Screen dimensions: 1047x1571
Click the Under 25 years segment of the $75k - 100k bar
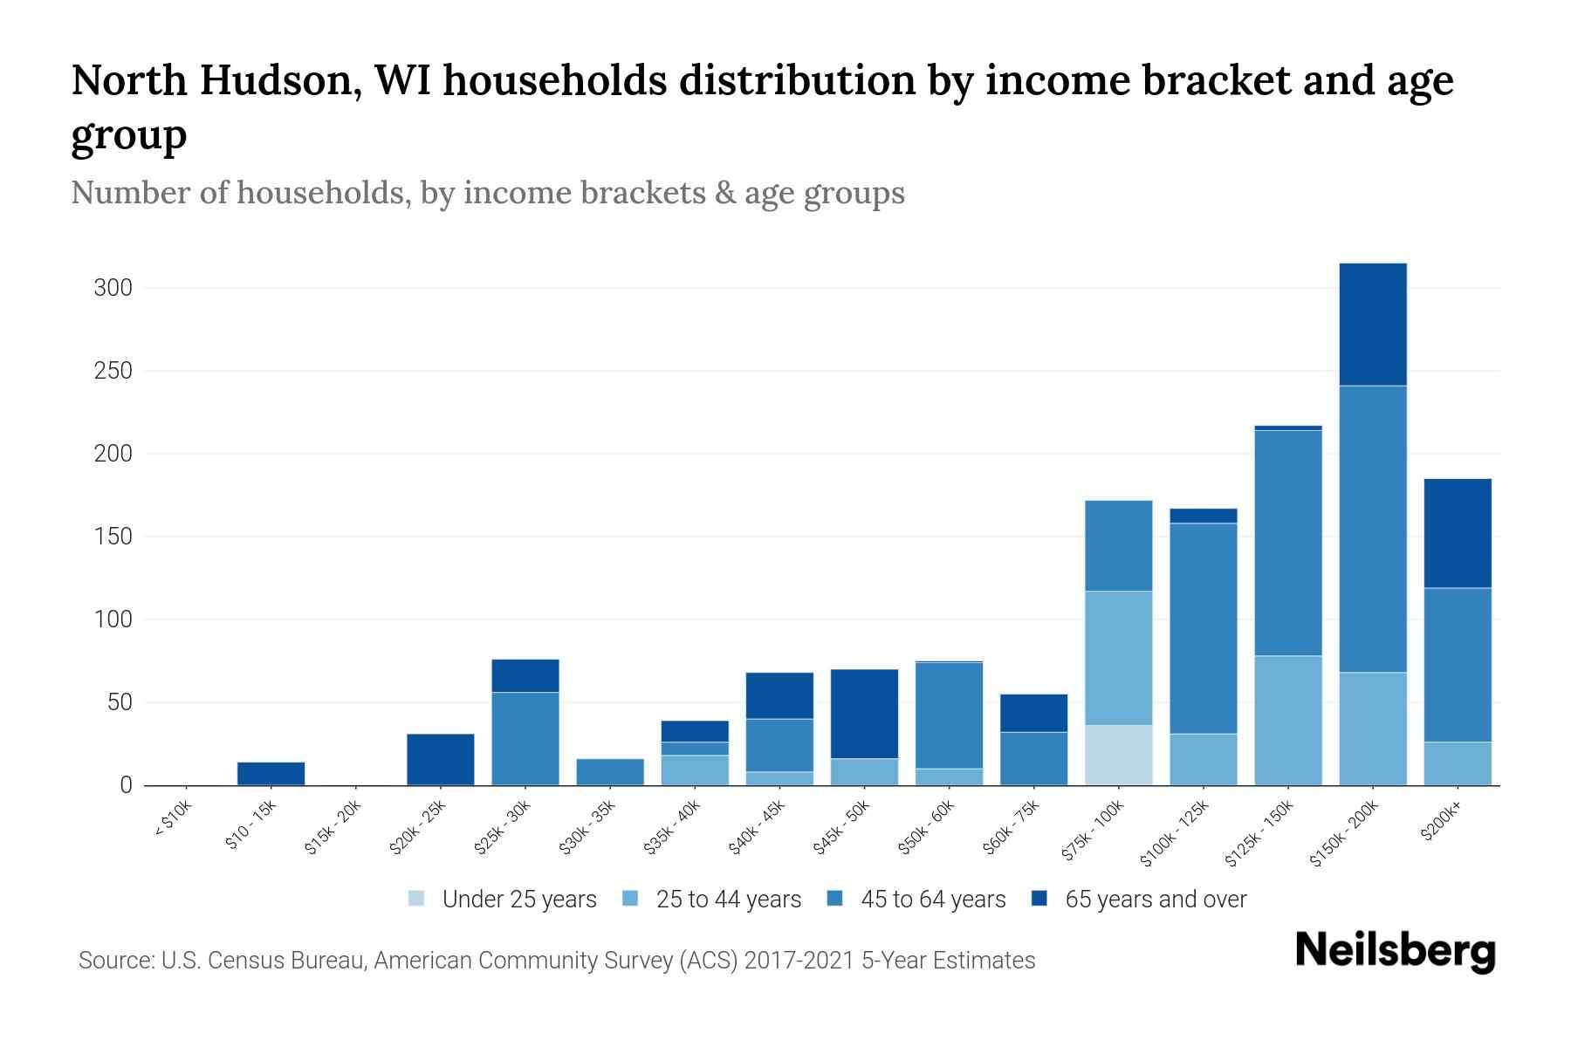coord(1118,755)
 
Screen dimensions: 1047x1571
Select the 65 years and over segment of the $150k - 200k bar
coord(1372,324)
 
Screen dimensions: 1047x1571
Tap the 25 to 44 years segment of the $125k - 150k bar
coord(1287,720)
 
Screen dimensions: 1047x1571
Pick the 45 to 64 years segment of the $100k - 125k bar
coord(1203,628)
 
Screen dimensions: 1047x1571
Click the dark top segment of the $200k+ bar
coord(1457,533)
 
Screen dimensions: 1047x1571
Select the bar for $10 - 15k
coord(271,773)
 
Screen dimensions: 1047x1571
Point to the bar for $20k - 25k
coord(440,759)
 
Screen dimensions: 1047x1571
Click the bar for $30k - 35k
coord(610,771)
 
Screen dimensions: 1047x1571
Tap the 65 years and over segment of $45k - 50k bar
coord(864,714)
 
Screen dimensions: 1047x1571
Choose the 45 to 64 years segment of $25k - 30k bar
coord(525,738)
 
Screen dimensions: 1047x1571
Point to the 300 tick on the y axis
coord(113,288)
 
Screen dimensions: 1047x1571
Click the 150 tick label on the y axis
coord(113,537)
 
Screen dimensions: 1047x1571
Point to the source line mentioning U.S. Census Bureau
coord(556,961)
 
